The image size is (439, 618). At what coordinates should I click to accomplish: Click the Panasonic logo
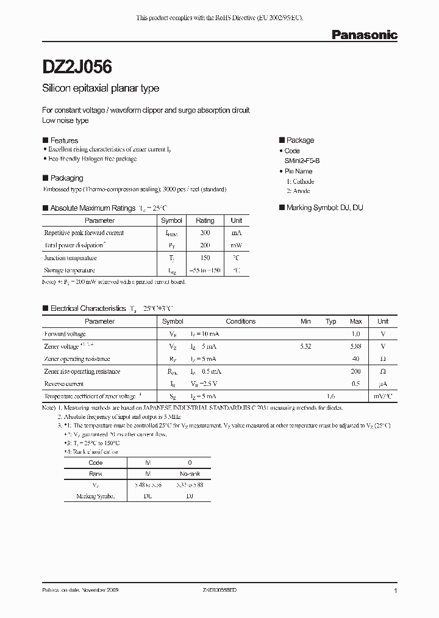[364, 35]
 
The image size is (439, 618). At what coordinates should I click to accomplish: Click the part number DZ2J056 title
[77, 66]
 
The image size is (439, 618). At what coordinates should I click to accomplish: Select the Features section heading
[63, 140]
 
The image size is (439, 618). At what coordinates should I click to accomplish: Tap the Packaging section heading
[66, 178]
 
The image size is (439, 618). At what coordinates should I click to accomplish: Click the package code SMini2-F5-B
[306, 161]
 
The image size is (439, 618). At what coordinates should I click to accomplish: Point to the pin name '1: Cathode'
[300, 181]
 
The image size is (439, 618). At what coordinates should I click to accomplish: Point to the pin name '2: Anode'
[298, 191]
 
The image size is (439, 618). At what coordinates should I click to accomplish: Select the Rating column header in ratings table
[205, 220]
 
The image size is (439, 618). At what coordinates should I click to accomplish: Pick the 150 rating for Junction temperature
[205, 258]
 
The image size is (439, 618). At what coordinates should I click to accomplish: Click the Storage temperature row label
[69, 270]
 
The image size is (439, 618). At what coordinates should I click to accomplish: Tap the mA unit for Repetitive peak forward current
[237, 233]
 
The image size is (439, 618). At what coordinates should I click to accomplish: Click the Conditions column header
[240, 321]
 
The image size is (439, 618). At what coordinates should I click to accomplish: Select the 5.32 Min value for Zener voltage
[305, 346]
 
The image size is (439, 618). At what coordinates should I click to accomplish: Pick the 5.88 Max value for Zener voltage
[355, 346]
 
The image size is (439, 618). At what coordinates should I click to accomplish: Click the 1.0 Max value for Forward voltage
[355, 334]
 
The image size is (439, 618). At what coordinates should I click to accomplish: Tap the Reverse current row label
[63, 384]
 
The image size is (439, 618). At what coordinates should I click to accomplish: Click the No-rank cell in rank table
[190, 474]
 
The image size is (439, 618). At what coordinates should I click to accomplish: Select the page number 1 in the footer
[396, 591]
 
